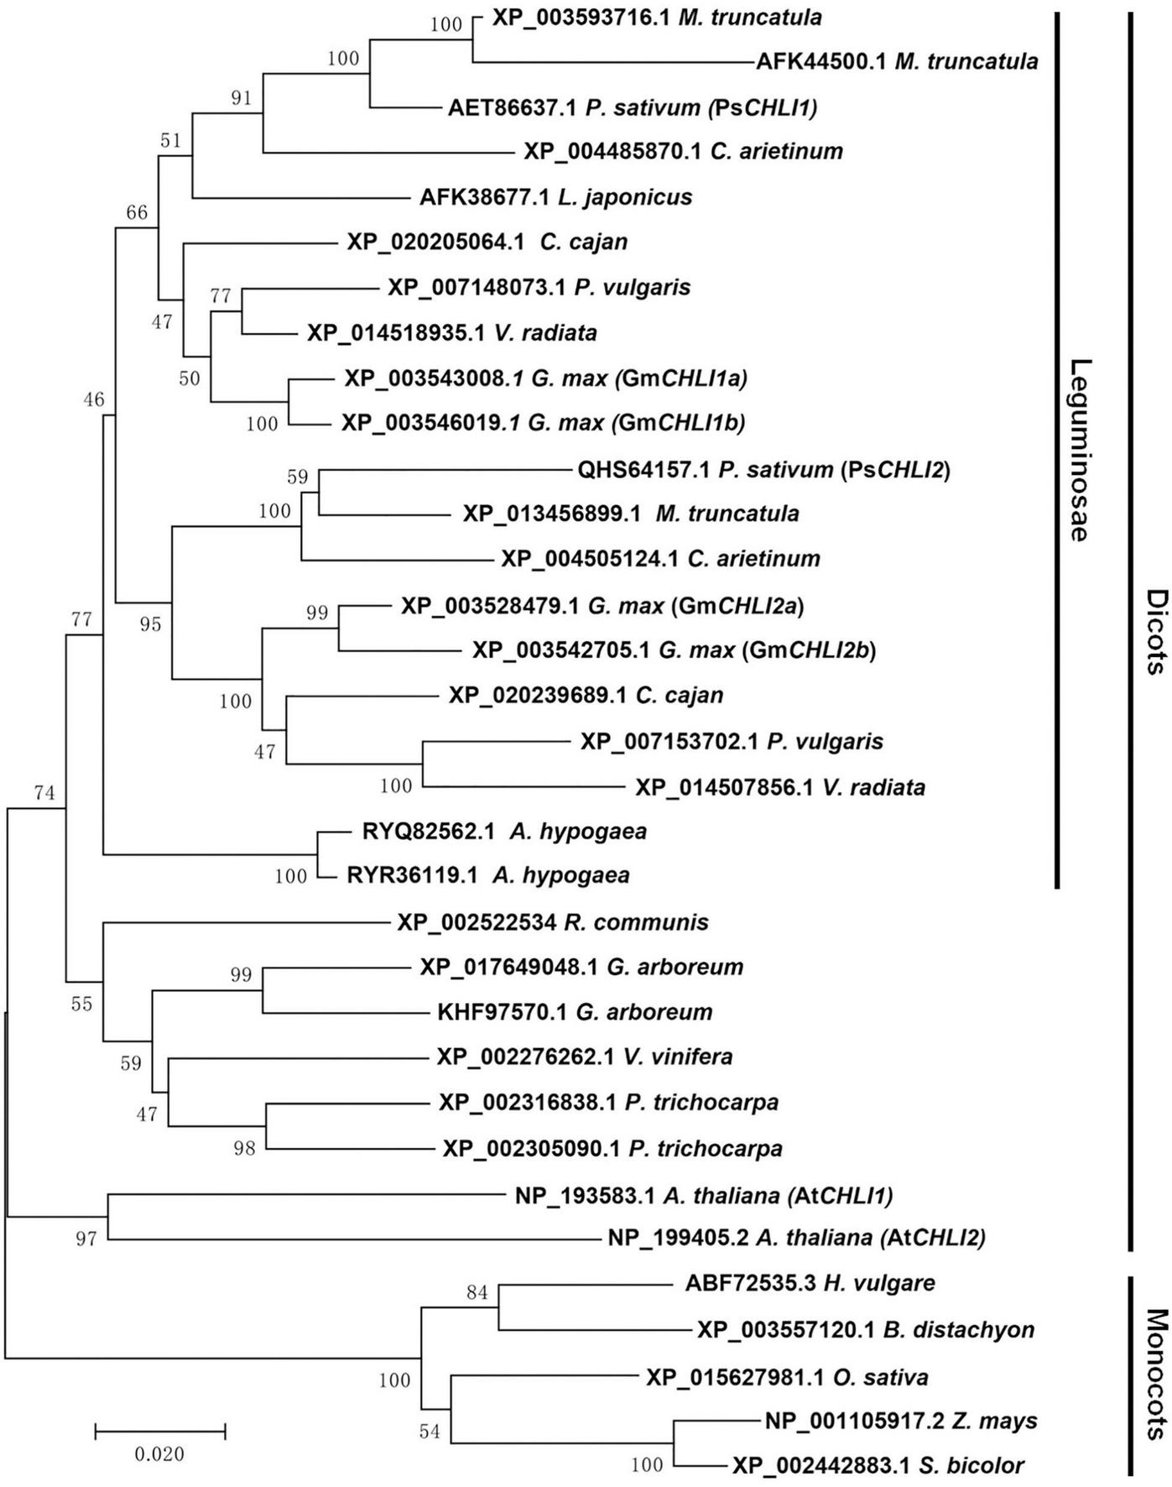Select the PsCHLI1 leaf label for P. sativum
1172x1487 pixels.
coord(633,107)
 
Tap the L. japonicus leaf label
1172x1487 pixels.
coord(555,197)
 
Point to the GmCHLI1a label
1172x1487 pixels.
coord(545,378)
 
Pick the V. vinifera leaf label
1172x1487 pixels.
coord(584,1057)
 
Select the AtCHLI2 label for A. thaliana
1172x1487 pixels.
coord(796,1237)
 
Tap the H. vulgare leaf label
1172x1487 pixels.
coord(810,1283)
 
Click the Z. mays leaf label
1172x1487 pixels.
coord(901,1421)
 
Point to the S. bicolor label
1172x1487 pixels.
coord(878,1466)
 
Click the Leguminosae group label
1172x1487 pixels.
coord(1082,450)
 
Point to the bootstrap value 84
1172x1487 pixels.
coord(477,1292)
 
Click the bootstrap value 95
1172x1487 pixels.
coord(150,624)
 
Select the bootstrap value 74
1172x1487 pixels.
coord(44,792)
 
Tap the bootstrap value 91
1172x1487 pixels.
coord(242,98)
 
